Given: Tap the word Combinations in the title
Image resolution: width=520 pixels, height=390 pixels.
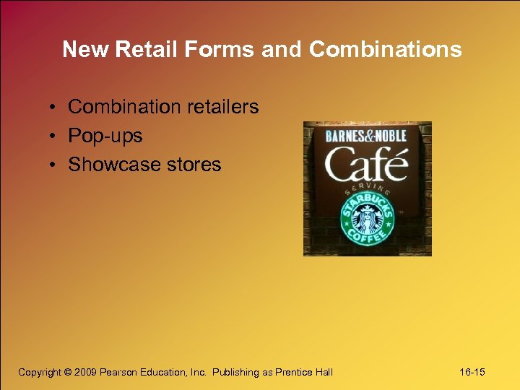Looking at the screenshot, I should pos(385,49).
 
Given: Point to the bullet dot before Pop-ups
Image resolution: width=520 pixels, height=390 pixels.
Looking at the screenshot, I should pos(54,136).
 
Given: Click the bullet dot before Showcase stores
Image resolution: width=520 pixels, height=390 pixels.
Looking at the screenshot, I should pos(54,165).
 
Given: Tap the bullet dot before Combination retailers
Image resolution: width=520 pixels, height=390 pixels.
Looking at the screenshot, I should pos(54,108).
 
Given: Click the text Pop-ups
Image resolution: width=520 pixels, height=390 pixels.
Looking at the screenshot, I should pos(105,136).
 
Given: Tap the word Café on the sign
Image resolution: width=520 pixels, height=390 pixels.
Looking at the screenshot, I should pos(366,165).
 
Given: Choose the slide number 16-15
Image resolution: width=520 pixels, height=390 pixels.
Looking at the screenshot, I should pos(472,372).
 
